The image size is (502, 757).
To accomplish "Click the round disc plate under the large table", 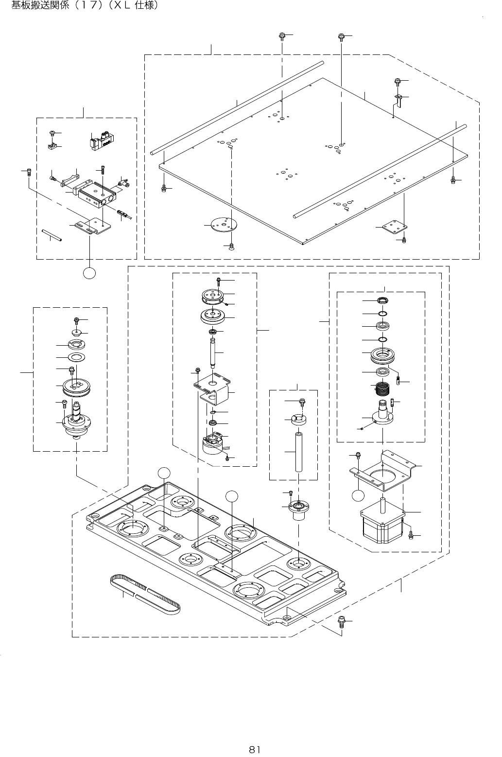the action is [x=224, y=225].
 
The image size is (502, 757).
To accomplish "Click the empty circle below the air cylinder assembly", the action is [x=89, y=273].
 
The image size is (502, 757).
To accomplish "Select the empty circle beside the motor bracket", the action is [x=358, y=495].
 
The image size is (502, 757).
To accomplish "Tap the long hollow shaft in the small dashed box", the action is [x=299, y=452].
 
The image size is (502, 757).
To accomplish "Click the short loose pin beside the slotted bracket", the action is [x=52, y=235].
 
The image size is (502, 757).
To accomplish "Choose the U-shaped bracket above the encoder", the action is [x=213, y=388].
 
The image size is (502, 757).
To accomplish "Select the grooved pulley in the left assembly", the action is [x=77, y=387].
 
